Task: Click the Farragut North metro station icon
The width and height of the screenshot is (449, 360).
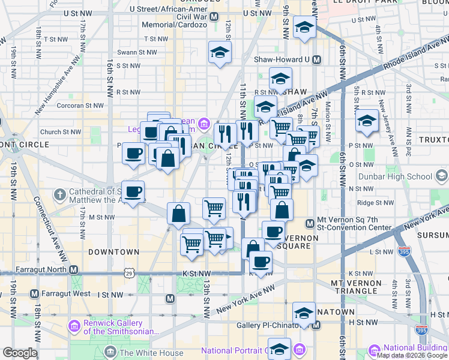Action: [74, 270]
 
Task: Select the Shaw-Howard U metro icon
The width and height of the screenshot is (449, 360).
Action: [316, 60]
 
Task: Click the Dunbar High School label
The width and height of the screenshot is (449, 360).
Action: [403, 176]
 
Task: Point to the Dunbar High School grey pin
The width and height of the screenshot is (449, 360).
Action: [442, 176]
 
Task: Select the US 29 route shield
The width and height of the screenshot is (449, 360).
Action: [129, 274]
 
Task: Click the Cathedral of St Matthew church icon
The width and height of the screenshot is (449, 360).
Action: [59, 195]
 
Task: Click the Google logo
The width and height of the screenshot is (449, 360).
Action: [20, 353]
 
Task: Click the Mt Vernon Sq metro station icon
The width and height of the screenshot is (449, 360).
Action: [310, 224]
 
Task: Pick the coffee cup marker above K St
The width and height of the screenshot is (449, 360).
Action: [261, 262]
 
